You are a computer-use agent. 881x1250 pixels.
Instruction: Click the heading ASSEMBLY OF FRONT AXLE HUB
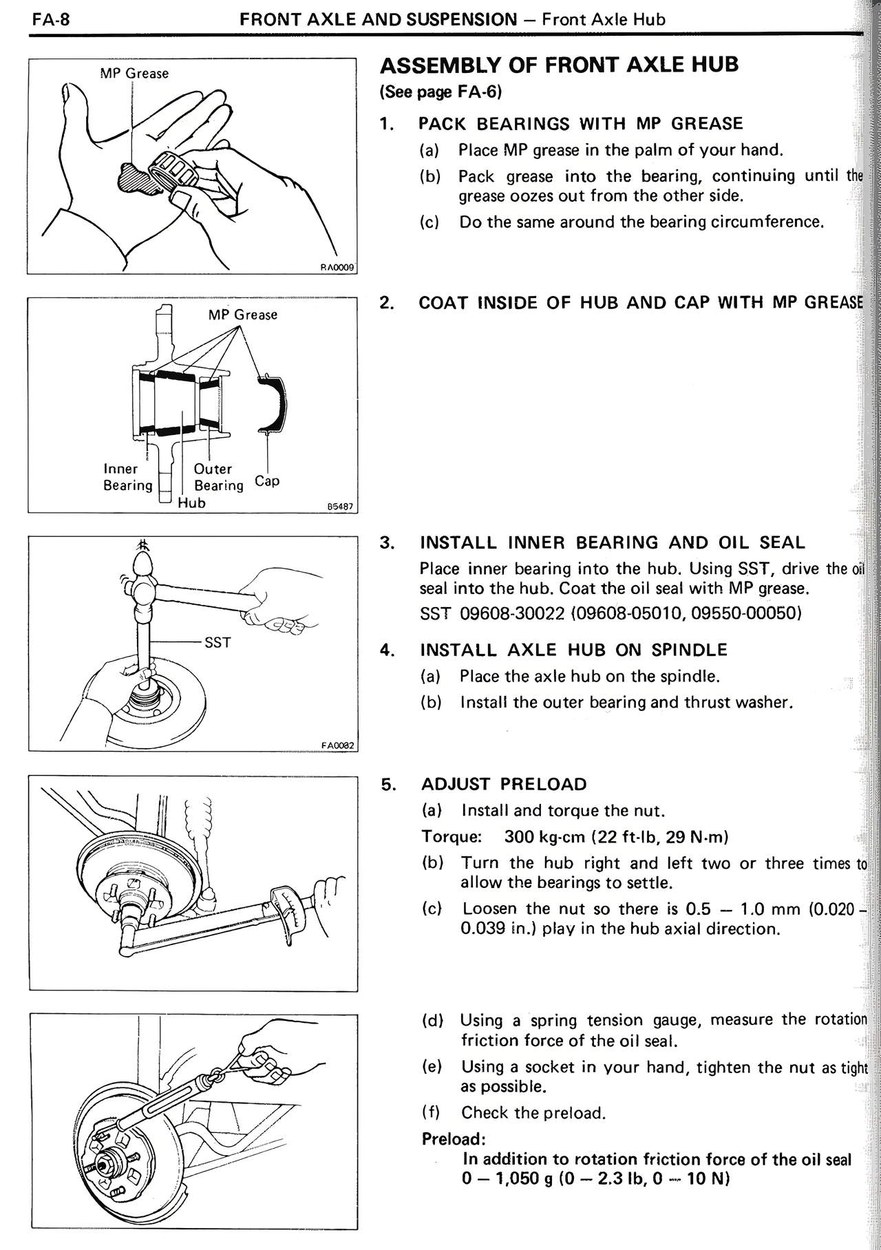pyautogui.click(x=559, y=65)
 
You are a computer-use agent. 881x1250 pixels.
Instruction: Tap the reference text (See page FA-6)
pyautogui.click(x=440, y=92)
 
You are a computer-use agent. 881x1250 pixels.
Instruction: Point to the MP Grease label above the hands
pyautogui.click(x=134, y=73)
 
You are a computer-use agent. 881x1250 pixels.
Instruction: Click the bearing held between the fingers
pyautogui.click(x=176, y=167)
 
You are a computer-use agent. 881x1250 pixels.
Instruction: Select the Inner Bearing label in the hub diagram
pyautogui.click(x=127, y=477)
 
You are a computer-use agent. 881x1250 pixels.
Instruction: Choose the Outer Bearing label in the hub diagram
pyautogui.click(x=217, y=477)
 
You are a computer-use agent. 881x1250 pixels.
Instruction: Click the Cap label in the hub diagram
pyautogui.click(x=267, y=480)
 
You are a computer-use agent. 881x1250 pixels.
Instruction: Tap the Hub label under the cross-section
pyautogui.click(x=191, y=502)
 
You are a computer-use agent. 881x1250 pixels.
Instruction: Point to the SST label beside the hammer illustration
pyautogui.click(x=217, y=643)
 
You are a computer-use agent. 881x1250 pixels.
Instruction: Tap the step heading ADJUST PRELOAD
pyautogui.click(x=504, y=784)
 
